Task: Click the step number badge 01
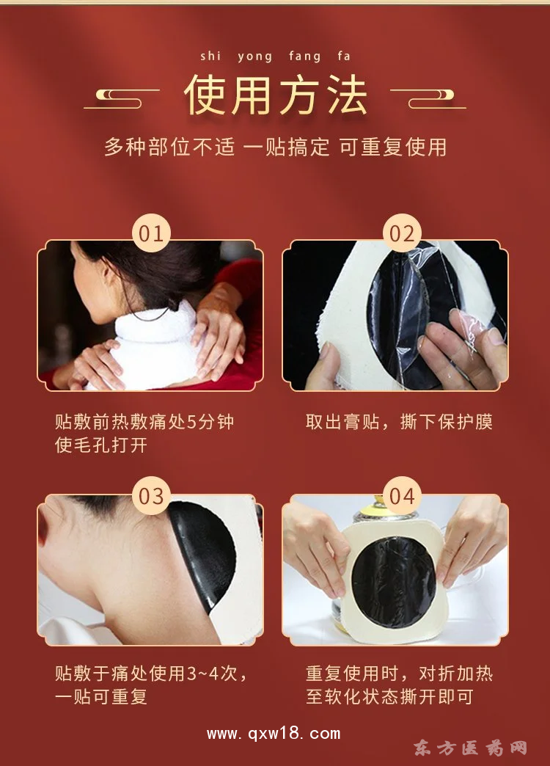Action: point(150,235)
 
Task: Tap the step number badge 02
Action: point(401,235)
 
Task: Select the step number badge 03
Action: point(150,496)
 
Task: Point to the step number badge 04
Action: point(401,496)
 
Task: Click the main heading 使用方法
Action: point(275,95)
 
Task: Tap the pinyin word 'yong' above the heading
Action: point(254,56)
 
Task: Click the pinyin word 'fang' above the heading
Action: point(304,56)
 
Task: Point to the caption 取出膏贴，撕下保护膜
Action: point(399,422)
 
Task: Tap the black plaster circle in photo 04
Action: point(393,582)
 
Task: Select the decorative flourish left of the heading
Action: point(121,98)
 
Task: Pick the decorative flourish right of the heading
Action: point(428,98)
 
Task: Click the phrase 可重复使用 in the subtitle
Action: point(392,147)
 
